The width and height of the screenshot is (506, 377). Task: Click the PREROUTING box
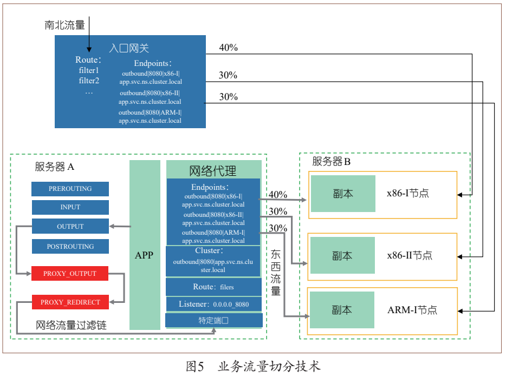70,189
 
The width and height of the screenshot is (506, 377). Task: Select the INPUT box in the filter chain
70,207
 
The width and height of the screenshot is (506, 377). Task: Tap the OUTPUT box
70,227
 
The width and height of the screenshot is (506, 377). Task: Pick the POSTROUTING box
70,247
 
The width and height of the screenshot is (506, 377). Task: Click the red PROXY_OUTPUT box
70,274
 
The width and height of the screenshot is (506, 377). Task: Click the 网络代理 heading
213,171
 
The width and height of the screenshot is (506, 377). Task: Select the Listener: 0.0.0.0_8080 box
214,304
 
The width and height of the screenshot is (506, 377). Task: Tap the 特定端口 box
214,320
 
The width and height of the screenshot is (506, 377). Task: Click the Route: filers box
214,287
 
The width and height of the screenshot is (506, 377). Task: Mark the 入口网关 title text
129,49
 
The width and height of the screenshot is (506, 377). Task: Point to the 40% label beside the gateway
228,48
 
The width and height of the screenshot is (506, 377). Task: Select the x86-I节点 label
408,193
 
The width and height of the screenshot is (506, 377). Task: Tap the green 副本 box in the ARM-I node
342,310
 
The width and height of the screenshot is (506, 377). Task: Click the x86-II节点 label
410,255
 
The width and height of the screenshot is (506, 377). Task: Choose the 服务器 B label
332,161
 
